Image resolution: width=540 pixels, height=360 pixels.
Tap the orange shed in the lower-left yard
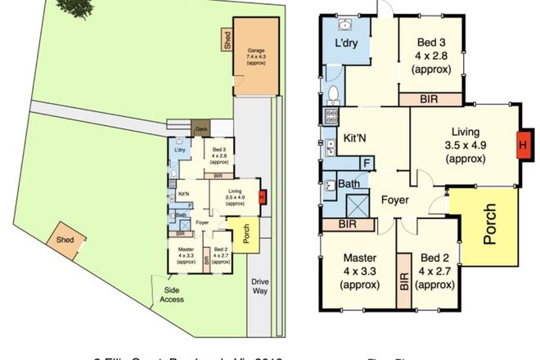pyautogui.click(x=65, y=240)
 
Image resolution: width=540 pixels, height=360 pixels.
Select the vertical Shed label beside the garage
pyautogui.click(x=227, y=40)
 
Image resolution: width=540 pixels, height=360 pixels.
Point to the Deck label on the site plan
pyautogui.click(x=199, y=128)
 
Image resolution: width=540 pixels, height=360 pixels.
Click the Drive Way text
pyautogui.click(x=260, y=287)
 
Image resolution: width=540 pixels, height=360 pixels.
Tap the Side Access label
pyautogui.click(x=172, y=295)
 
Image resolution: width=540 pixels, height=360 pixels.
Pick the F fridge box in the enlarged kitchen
pyautogui.click(x=366, y=162)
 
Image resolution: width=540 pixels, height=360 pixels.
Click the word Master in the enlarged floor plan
pyautogui.click(x=360, y=259)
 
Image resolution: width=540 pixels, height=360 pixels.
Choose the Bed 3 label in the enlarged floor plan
pyautogui.click(x=430, y=43)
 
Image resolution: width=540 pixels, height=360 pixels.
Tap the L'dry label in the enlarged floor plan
pyautogui.click(x=349, y=44)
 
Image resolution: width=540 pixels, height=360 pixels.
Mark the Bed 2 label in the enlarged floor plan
pyautogui.click(x=434, y=259)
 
